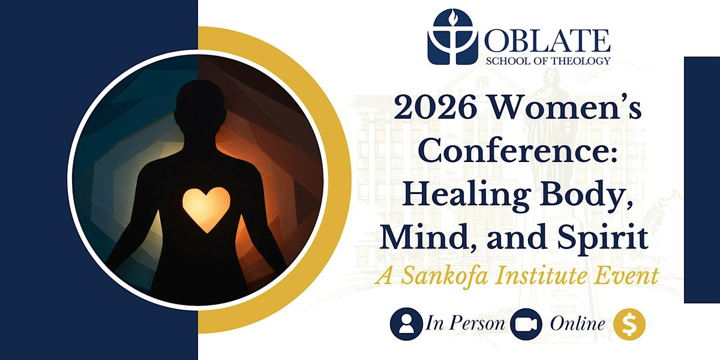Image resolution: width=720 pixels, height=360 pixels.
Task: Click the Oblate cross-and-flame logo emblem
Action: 452,37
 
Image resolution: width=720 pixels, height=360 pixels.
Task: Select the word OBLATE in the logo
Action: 547,41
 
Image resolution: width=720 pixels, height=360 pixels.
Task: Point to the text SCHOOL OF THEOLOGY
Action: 548,61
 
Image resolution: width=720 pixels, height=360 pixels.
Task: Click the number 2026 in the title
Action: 436,108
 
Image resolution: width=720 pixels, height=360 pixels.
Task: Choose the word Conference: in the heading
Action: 518,151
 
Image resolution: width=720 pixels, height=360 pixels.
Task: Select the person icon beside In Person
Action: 406,324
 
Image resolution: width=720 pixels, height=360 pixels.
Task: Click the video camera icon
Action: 526,324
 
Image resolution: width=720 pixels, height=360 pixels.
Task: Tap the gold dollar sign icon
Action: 629,324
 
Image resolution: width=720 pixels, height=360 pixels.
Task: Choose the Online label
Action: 578,323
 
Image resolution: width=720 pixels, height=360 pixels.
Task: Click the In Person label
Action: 465,323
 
